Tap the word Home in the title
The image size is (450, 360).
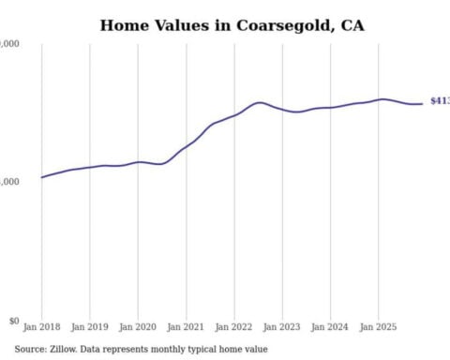point(124,25)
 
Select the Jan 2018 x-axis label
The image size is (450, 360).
point(41,327)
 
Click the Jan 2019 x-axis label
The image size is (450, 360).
point(89,327)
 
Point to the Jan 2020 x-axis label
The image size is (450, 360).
point(138,327)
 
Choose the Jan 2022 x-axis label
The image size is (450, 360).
point(234,327)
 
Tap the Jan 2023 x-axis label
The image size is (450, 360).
point(282,327)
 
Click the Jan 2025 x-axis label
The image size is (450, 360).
point(379,327)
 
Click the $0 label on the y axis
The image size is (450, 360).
point(13,321)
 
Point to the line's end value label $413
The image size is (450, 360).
point(439,101)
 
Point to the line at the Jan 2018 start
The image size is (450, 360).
point(42,177)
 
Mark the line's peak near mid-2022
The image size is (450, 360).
point(259,102)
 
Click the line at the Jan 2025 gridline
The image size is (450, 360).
point(379,98)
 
